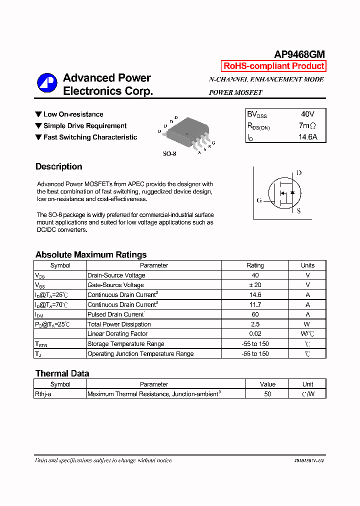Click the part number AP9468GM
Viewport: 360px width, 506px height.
pyautogui.click(x=299, y=54)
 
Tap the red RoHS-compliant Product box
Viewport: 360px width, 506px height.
pyautogui.click(x=273, y=66)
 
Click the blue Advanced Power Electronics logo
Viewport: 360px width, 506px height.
pyautogui.click(x=47, y=83)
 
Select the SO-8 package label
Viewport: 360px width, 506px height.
pyautogui.click(x=169, y=153)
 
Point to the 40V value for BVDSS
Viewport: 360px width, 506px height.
pyautogui.click(x=307, y=114)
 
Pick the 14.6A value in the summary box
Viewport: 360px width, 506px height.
pyautogui.click(x=307, y=137)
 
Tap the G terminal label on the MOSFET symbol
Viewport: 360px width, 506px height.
pyautogui.click(x=259, y=200)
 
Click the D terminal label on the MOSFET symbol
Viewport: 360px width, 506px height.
pyautogui.click(x=299, y=173)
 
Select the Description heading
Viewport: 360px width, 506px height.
pyautogui.click(x=59, y=166)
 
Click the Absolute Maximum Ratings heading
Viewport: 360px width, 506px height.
pyautogui.click(x=91, y=254)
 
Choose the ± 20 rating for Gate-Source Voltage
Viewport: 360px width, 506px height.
pyautogui.click(x=255, y=285)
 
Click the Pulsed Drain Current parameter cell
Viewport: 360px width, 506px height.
pyautogui.click(x=116, y=314)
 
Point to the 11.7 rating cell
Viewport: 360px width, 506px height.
pyautogui.click(x=255, y=304)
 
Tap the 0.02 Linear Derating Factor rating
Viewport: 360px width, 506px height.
pyautogui.click(x=255, y=334)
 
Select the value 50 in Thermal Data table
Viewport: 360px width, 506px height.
pyautogui.click(x=267, y=394)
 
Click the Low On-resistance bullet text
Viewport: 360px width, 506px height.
pyautogui.click(x=73, y=114)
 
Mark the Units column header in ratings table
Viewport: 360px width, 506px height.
pyautogui.click(x=307, y=265)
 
